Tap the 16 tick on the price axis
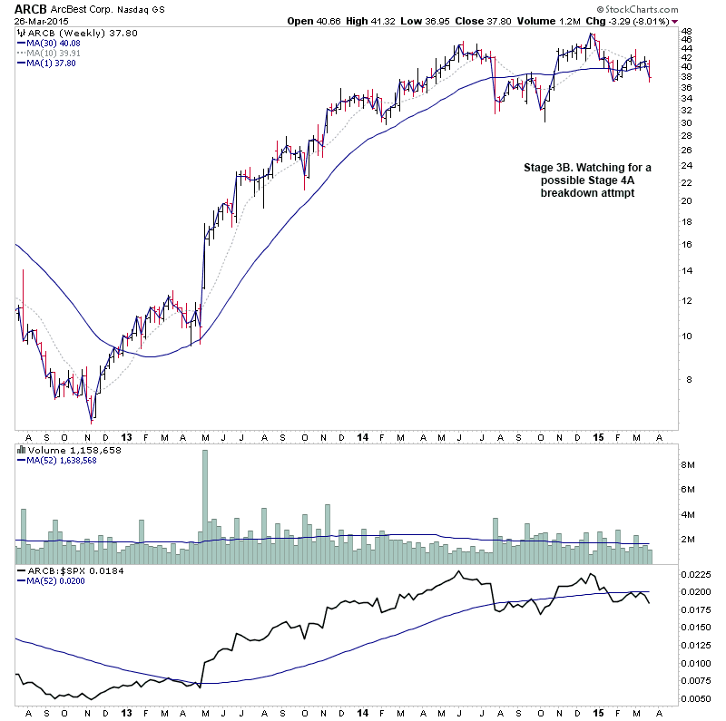click(687, 244)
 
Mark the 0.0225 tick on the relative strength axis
click(695, 573)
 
